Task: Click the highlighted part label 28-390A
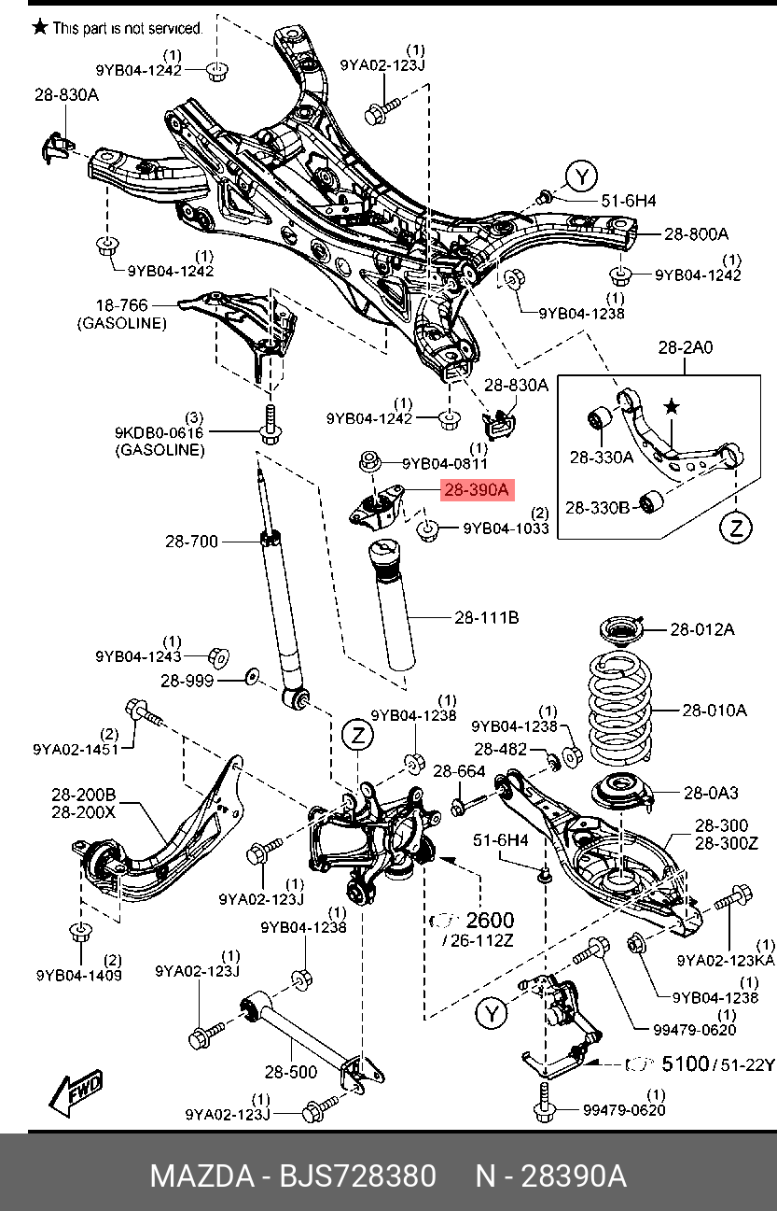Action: [476, 489]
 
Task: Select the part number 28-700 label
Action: [192, 541]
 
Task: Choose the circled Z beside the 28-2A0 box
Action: [736, 528]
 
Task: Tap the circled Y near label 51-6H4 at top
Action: [582, 176]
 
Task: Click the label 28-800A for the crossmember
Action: [696, 233]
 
